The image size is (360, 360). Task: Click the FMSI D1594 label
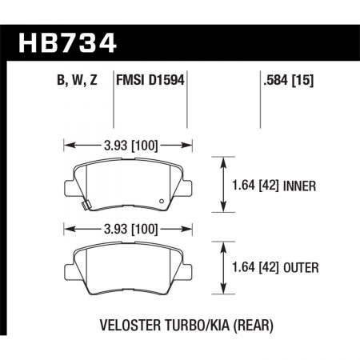[152, 80]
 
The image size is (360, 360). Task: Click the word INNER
[305, 186]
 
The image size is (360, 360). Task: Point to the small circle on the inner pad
[163, 201]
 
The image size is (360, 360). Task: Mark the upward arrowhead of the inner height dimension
[222, 161]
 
